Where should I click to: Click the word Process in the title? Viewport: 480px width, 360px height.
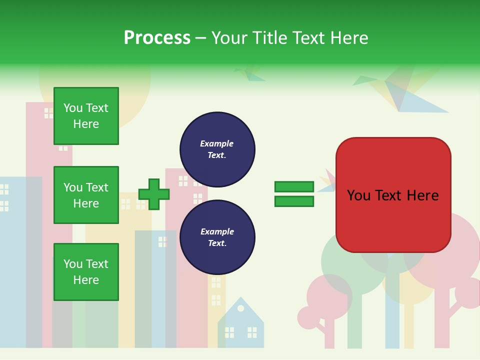(x=157, y=38)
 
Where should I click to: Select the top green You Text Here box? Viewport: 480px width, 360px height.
(x=86, y=116)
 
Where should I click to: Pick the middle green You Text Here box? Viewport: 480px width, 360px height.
(x=86, y=195)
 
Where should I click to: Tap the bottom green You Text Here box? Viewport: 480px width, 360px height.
(x=86, y=272)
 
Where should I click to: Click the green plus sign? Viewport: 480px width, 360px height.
(x=153, y=194)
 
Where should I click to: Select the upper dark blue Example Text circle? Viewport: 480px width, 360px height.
(x=217, y=149)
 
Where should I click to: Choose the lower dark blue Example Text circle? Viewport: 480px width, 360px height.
(x=217, y=237)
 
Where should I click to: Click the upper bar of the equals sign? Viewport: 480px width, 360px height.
(x=294, y=186)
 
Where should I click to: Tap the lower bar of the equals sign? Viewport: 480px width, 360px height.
(x=294, y=201)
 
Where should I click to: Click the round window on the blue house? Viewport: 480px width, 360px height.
(x=241, y=308)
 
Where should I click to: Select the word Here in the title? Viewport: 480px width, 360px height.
(x=349, y=38)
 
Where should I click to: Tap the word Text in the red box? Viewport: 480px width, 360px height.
(x=393, y=195)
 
